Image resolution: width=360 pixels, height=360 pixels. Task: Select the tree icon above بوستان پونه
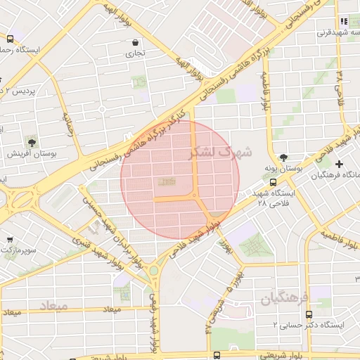tap(283, 157)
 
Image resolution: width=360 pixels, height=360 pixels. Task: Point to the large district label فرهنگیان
tap(285, 299)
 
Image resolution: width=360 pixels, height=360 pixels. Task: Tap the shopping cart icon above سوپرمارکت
tap(9, 239)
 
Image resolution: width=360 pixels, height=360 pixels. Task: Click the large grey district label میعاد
tap(53, 307)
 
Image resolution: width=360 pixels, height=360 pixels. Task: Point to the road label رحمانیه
tap(68, 124)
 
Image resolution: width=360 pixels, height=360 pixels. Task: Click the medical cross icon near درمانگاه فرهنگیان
tap(340, 163)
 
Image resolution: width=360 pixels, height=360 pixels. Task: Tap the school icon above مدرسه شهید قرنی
tap(344, 21)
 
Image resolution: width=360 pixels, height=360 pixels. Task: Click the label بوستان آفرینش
tap(27, 153)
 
